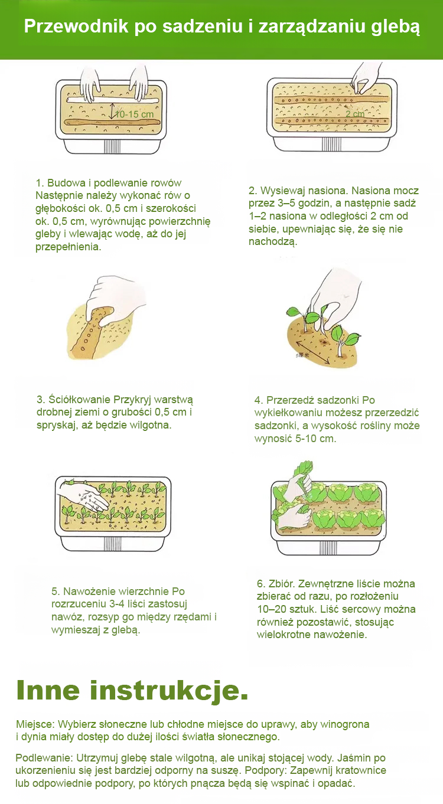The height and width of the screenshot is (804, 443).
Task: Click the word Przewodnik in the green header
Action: point(76,27)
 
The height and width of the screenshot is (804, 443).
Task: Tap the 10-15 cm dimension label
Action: point(134,114)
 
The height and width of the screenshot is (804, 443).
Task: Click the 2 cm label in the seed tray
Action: point(355,114)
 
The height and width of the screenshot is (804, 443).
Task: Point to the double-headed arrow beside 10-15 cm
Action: point(112,111)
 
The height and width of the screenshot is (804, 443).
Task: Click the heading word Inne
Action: point(48,690)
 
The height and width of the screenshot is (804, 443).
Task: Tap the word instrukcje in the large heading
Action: point(165,691)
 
